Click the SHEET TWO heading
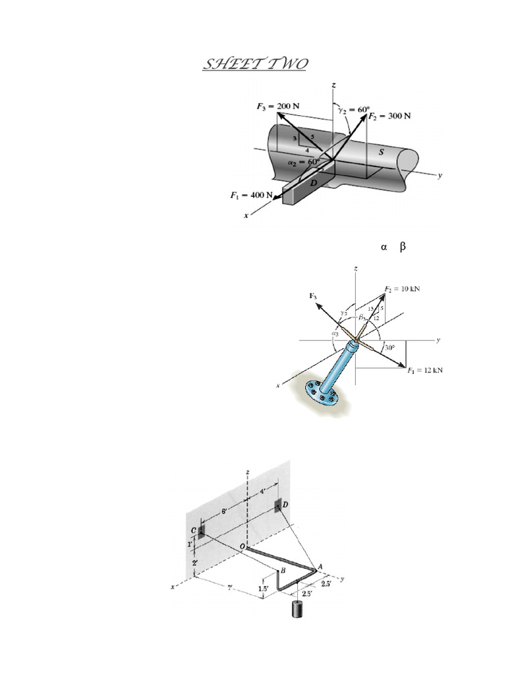pos(254,65)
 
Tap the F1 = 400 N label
pos(252,195)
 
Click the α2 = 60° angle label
pos(304,161)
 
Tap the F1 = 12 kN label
pos(424,370)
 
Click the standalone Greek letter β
pos(403,247)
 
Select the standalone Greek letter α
pos(382,247)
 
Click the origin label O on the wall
pos(242,546)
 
